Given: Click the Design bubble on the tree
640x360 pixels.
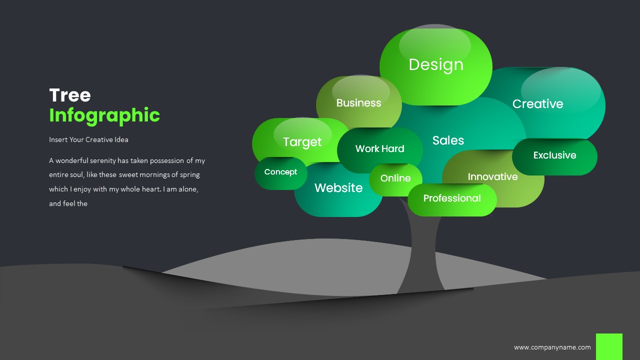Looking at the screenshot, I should point(436,64).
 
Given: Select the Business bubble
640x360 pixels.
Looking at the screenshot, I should point(358,103).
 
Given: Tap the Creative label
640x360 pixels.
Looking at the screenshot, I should point(537,104).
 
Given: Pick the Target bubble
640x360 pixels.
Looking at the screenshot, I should point(302,141).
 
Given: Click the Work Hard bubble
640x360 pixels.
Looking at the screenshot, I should point(379,148).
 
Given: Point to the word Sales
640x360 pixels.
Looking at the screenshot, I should point(448,140).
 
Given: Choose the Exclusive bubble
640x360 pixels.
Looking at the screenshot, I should point(554,155).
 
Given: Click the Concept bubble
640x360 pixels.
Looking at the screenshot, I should point(280,172).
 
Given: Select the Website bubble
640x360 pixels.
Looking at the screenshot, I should point(338,188).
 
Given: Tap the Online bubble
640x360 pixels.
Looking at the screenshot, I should point(395,178).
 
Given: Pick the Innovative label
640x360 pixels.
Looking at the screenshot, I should point(492,177).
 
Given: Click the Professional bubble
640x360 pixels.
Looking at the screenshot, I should point(452,198).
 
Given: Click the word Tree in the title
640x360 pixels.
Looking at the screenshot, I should point(70,95).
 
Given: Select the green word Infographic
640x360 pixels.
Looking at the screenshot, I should point(104,115).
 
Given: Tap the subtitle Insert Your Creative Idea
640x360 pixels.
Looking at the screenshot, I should point(88,139).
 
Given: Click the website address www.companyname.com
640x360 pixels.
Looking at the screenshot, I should point(552,347).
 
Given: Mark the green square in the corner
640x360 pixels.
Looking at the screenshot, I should point(609,346).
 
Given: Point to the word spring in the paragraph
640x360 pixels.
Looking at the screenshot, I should point(189,175).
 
